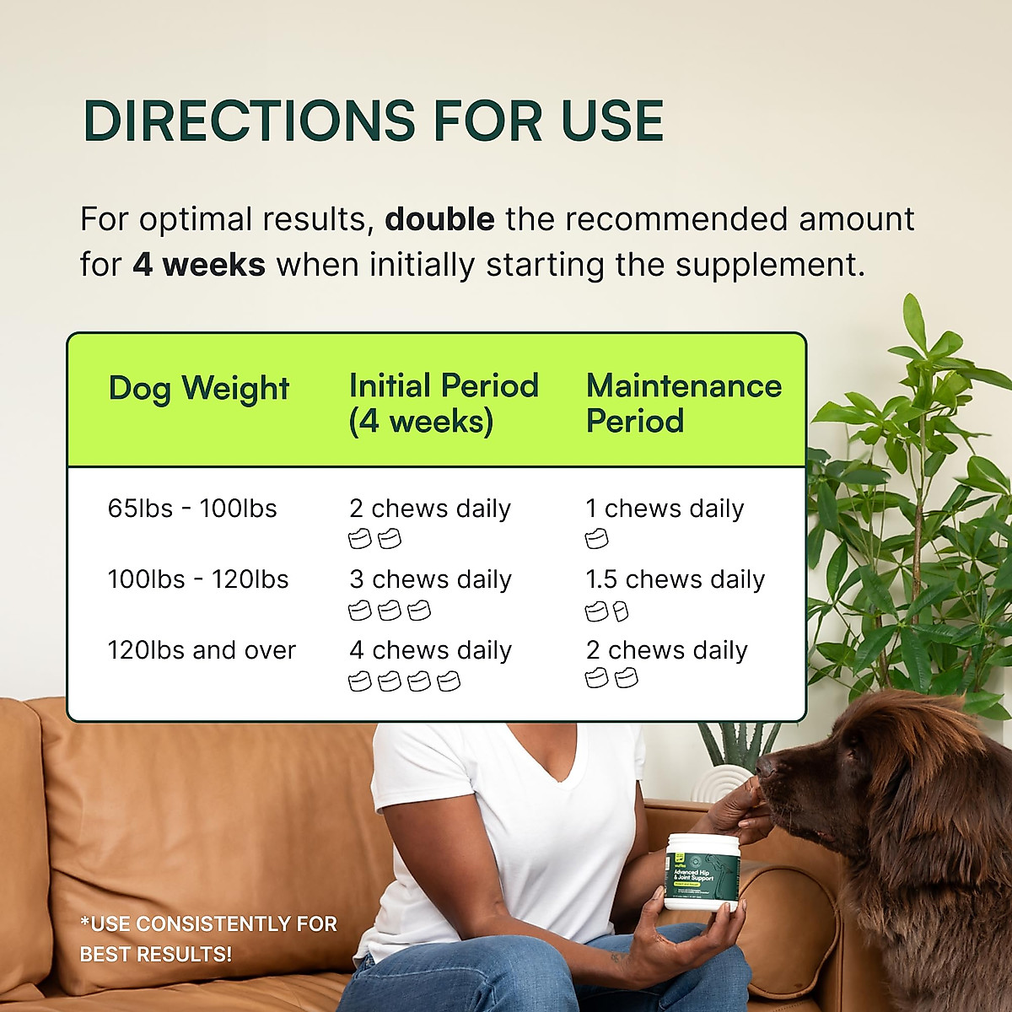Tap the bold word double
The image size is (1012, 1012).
[x=439, y=219]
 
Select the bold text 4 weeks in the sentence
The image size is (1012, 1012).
[x=199, y=265]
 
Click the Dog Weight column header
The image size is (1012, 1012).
[x=199, y=388]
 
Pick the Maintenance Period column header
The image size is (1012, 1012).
[x=683, y=403]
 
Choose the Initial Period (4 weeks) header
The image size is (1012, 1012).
[x=444, y=403]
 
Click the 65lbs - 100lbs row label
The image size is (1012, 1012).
[x=192, y=509]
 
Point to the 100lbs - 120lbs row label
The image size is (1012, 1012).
[x=198, y=579]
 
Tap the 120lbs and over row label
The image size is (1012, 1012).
[x=202, y=650]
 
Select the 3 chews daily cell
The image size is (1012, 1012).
[x=430, y=579]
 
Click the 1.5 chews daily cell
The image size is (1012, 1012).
[x=675, y=579]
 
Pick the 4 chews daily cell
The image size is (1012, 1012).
[x=430, y=650]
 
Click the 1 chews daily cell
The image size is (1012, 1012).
[x=665, y=509]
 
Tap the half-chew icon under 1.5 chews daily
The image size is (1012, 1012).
[x=621, y=611]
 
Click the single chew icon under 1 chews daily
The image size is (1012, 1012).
[x=596, y=539]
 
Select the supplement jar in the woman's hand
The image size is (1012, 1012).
[x=702, y=872]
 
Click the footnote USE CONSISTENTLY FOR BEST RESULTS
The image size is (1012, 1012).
[x=208, y=939]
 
